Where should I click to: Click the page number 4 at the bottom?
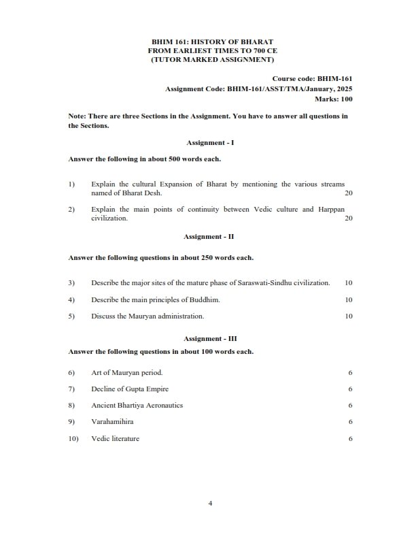tap(210, 503)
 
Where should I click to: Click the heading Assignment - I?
tap(210, 142)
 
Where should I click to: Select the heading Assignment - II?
tap(210, 236)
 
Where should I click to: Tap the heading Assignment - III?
tap(210, 338)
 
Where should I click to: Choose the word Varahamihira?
tap(114, 422)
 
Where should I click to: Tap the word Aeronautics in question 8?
tap(161, 405)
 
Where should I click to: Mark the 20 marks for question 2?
tap(348, 218)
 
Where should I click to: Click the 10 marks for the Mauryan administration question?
tap(348, 316)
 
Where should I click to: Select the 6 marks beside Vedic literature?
tap(349, 439)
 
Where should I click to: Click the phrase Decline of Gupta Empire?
tap(130, 389)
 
